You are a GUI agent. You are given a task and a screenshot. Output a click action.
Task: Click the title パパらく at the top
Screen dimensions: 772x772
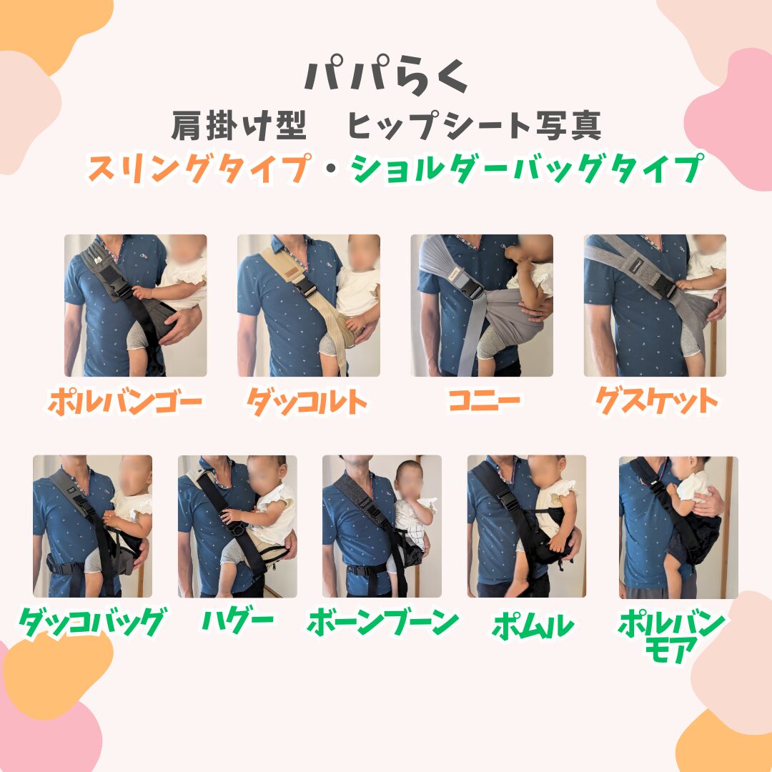point(386,75)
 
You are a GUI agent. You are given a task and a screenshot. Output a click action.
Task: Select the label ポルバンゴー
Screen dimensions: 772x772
point(126,402)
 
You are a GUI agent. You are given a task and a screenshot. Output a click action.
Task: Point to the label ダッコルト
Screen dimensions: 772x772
point(307,402)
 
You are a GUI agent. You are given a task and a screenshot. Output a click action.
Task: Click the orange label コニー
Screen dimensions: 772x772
point(485,401)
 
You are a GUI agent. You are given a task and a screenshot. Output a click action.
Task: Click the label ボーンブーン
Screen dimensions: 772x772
point(382,623)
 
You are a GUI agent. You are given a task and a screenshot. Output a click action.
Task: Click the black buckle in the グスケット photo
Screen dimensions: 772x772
point(664,287)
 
